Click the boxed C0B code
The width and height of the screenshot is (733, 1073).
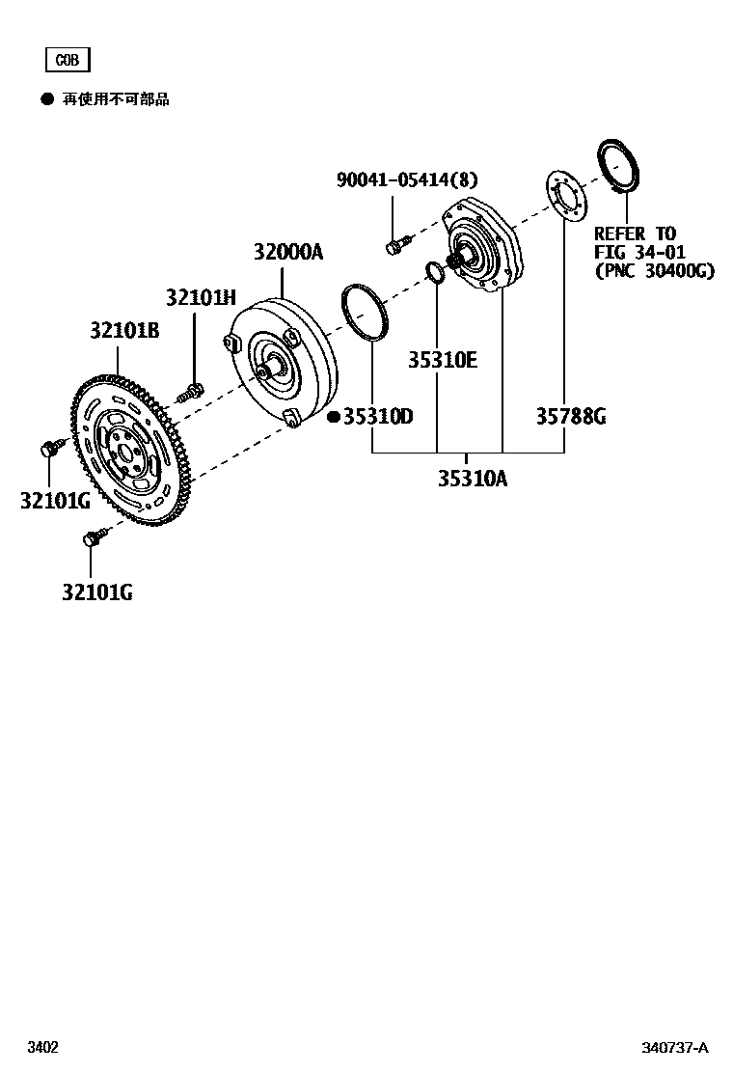[x=67, y=60]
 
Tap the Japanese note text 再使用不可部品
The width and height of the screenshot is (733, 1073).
[x=116, y=99]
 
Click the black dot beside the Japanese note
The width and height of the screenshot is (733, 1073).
[x=46, y=99]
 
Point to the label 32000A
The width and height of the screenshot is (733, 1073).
[x=288, y=253]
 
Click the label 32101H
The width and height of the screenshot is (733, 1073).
[x=200, y=297]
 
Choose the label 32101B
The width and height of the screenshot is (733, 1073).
[x=124, y=330]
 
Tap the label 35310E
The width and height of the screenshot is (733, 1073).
[x=442, y=360]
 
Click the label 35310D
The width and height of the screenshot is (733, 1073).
[x=378, y=417]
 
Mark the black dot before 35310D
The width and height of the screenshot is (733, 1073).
[x=333, y=417]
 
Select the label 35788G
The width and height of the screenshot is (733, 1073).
[x=571, y=417]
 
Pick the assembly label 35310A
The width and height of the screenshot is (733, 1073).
[x=472, y=479]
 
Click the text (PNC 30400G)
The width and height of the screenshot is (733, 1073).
[x=654, y=271]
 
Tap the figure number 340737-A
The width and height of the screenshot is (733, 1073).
[x=675, y=1048]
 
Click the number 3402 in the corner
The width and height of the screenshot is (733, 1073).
[x=41, y=1048]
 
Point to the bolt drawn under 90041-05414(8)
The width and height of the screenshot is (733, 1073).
[x=396, y=245]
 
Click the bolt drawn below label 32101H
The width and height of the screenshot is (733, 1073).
[x=191, y=392]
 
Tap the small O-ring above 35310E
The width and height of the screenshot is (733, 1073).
[x=435, y=273]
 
